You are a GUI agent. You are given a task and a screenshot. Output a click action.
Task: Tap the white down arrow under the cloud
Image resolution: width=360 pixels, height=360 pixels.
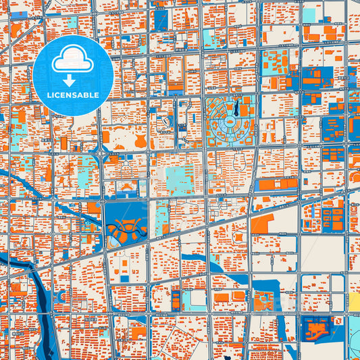pos(68,80)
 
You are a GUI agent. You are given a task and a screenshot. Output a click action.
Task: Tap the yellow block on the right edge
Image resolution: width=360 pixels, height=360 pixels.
pos(354,302)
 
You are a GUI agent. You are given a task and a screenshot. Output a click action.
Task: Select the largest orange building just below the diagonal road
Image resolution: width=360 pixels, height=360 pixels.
pos(263,224)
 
